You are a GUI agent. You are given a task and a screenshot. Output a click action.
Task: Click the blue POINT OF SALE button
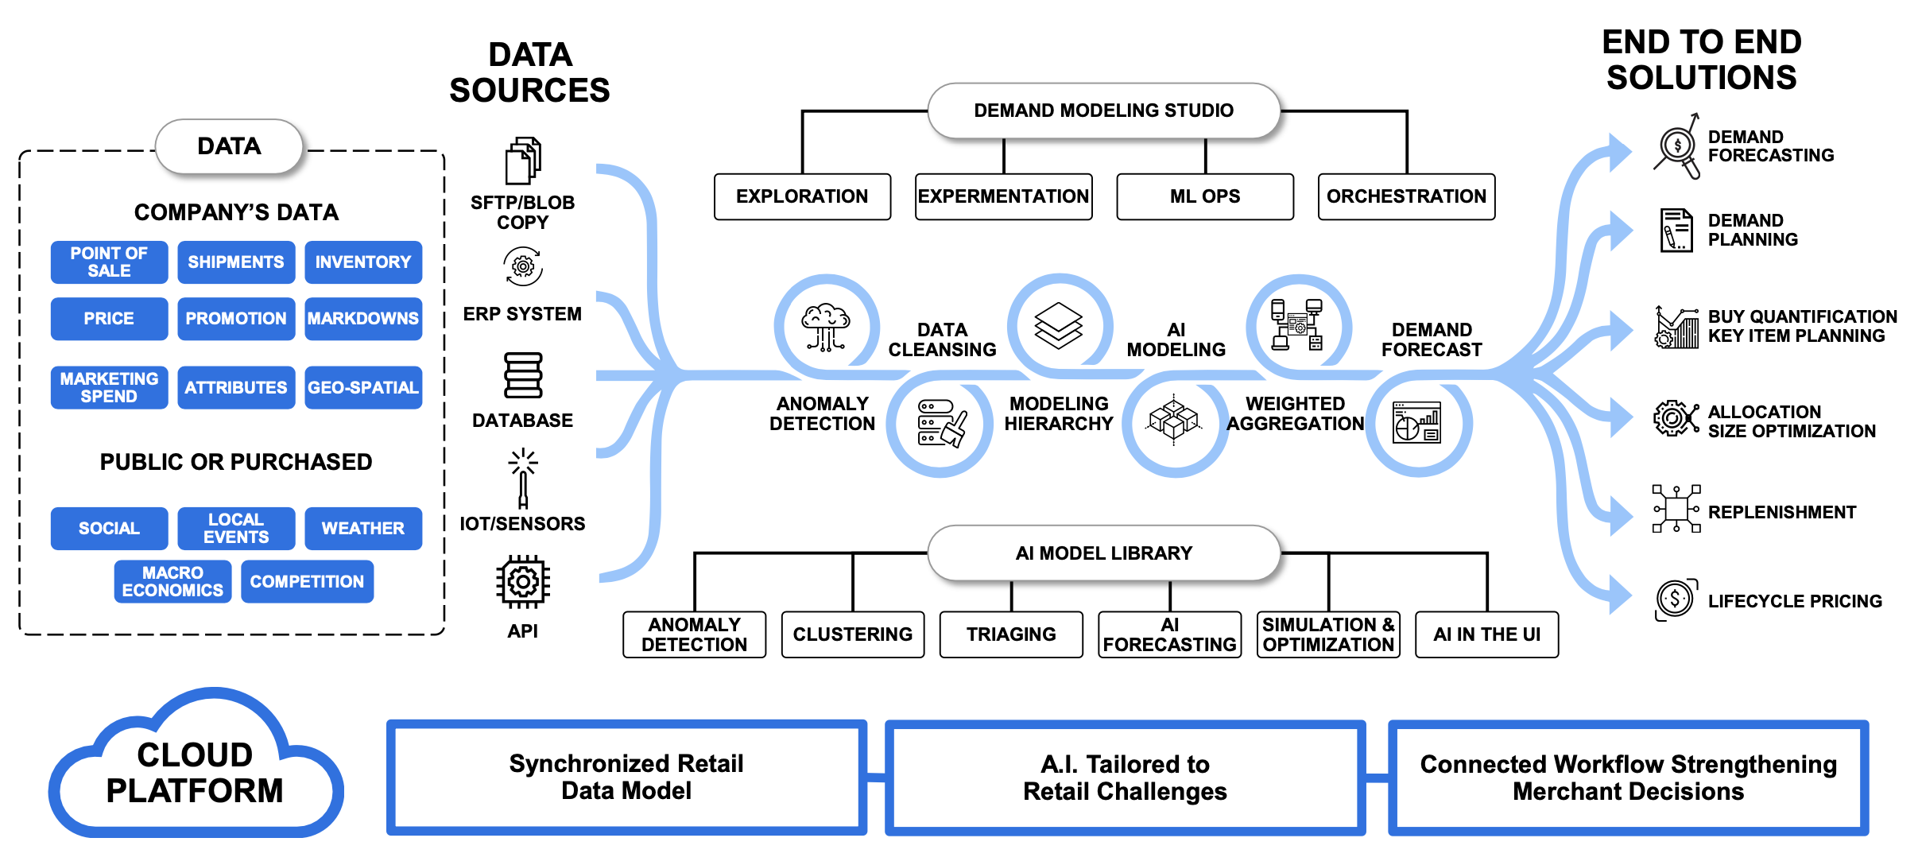pyautogui.click(x=109, y=262)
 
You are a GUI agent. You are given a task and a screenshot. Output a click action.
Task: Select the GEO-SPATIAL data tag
pyautogui.click(x=363, y=387)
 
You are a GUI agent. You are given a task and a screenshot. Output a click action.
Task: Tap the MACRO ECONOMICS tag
pyautogui.click(x=172, y=581)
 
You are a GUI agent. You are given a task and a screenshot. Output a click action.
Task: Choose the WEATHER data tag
pyautogui.click(x=363, y=528)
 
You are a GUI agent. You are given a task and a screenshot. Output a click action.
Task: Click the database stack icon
pyautogui.click(x=523, y=375)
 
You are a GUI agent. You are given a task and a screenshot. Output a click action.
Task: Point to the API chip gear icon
pyautogui.click(x=523, y=583)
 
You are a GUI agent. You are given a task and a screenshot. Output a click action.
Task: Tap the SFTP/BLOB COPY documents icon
pyautogui.click(x=523, y=160)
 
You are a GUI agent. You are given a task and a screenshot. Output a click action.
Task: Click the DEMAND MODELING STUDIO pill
pyautogui.click(x=1103, y=111)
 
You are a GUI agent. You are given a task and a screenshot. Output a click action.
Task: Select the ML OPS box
pyautogui.click(x=1204, y=196)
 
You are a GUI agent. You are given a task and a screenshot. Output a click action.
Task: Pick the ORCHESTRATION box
pyautogui.click(x=1406, y=196)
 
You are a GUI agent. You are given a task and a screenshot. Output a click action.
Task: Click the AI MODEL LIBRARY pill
pyautogui.click(x=1103, y=553)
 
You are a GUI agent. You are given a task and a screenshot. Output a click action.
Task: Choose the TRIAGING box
pyautogui.click(x=1011, y=634)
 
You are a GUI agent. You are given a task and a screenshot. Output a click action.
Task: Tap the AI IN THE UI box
pyautogui.click(x=1486, y=634)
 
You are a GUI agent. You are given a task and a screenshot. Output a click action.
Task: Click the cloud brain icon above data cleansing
pyautogui.click(x=826, y=327)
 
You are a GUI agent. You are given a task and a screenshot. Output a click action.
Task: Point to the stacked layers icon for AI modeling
pyautogui.click(x=1059, y=325)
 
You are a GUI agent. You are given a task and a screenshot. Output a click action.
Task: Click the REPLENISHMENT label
pyautogui.click(x=1782, y=512)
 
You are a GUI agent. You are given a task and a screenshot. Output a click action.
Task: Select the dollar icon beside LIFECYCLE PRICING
pyautogui.click(x=1676, y=599)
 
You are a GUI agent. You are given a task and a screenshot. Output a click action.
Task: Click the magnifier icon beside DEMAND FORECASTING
pyautogui.click(x=1677, y=148)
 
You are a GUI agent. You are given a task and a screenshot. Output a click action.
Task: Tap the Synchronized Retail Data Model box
pyautogui.click(x=626, y=778)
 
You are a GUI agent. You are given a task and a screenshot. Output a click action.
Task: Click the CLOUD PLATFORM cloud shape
pyautogui.click(x=195, y=772)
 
